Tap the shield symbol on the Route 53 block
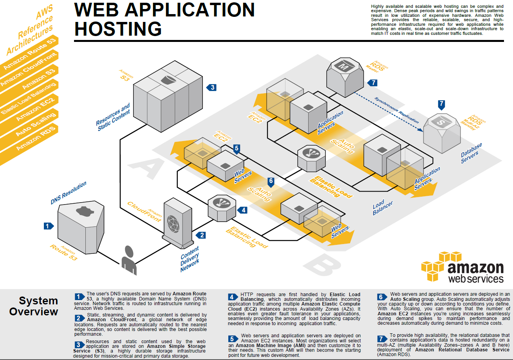[85, 211]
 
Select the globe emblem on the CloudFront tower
[173, 224]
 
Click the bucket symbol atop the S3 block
[168, 79]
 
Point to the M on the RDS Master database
[344, 66]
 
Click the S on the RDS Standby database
[441, 122]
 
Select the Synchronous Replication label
[397, 110]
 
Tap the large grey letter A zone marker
[147, 168]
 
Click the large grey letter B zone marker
[322, 265]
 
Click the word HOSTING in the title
[118, 29]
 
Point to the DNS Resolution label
[69, 193]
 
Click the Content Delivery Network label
[190, 259]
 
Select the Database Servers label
[471, 153]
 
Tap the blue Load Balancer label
[383, 207]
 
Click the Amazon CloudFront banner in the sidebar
[29, 69]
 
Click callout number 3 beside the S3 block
[211, 87]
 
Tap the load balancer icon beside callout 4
[222, 208]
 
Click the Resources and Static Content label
[113, 117]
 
